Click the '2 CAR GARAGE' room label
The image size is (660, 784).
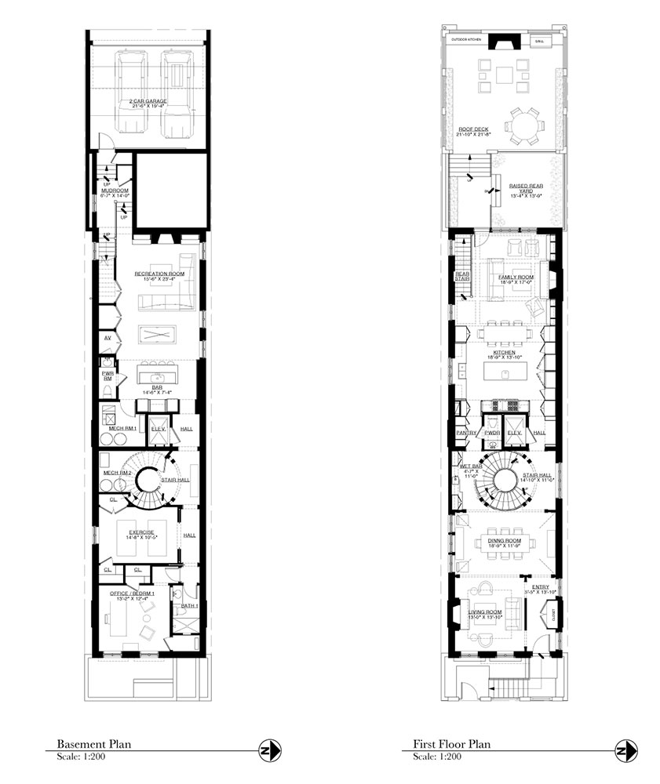click(148, 101)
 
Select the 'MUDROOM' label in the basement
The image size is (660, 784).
click(104, 191)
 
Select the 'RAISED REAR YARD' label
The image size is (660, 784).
click(524, 187)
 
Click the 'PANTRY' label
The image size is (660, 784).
click(462, 432)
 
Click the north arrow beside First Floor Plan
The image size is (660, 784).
click(626, 751)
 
